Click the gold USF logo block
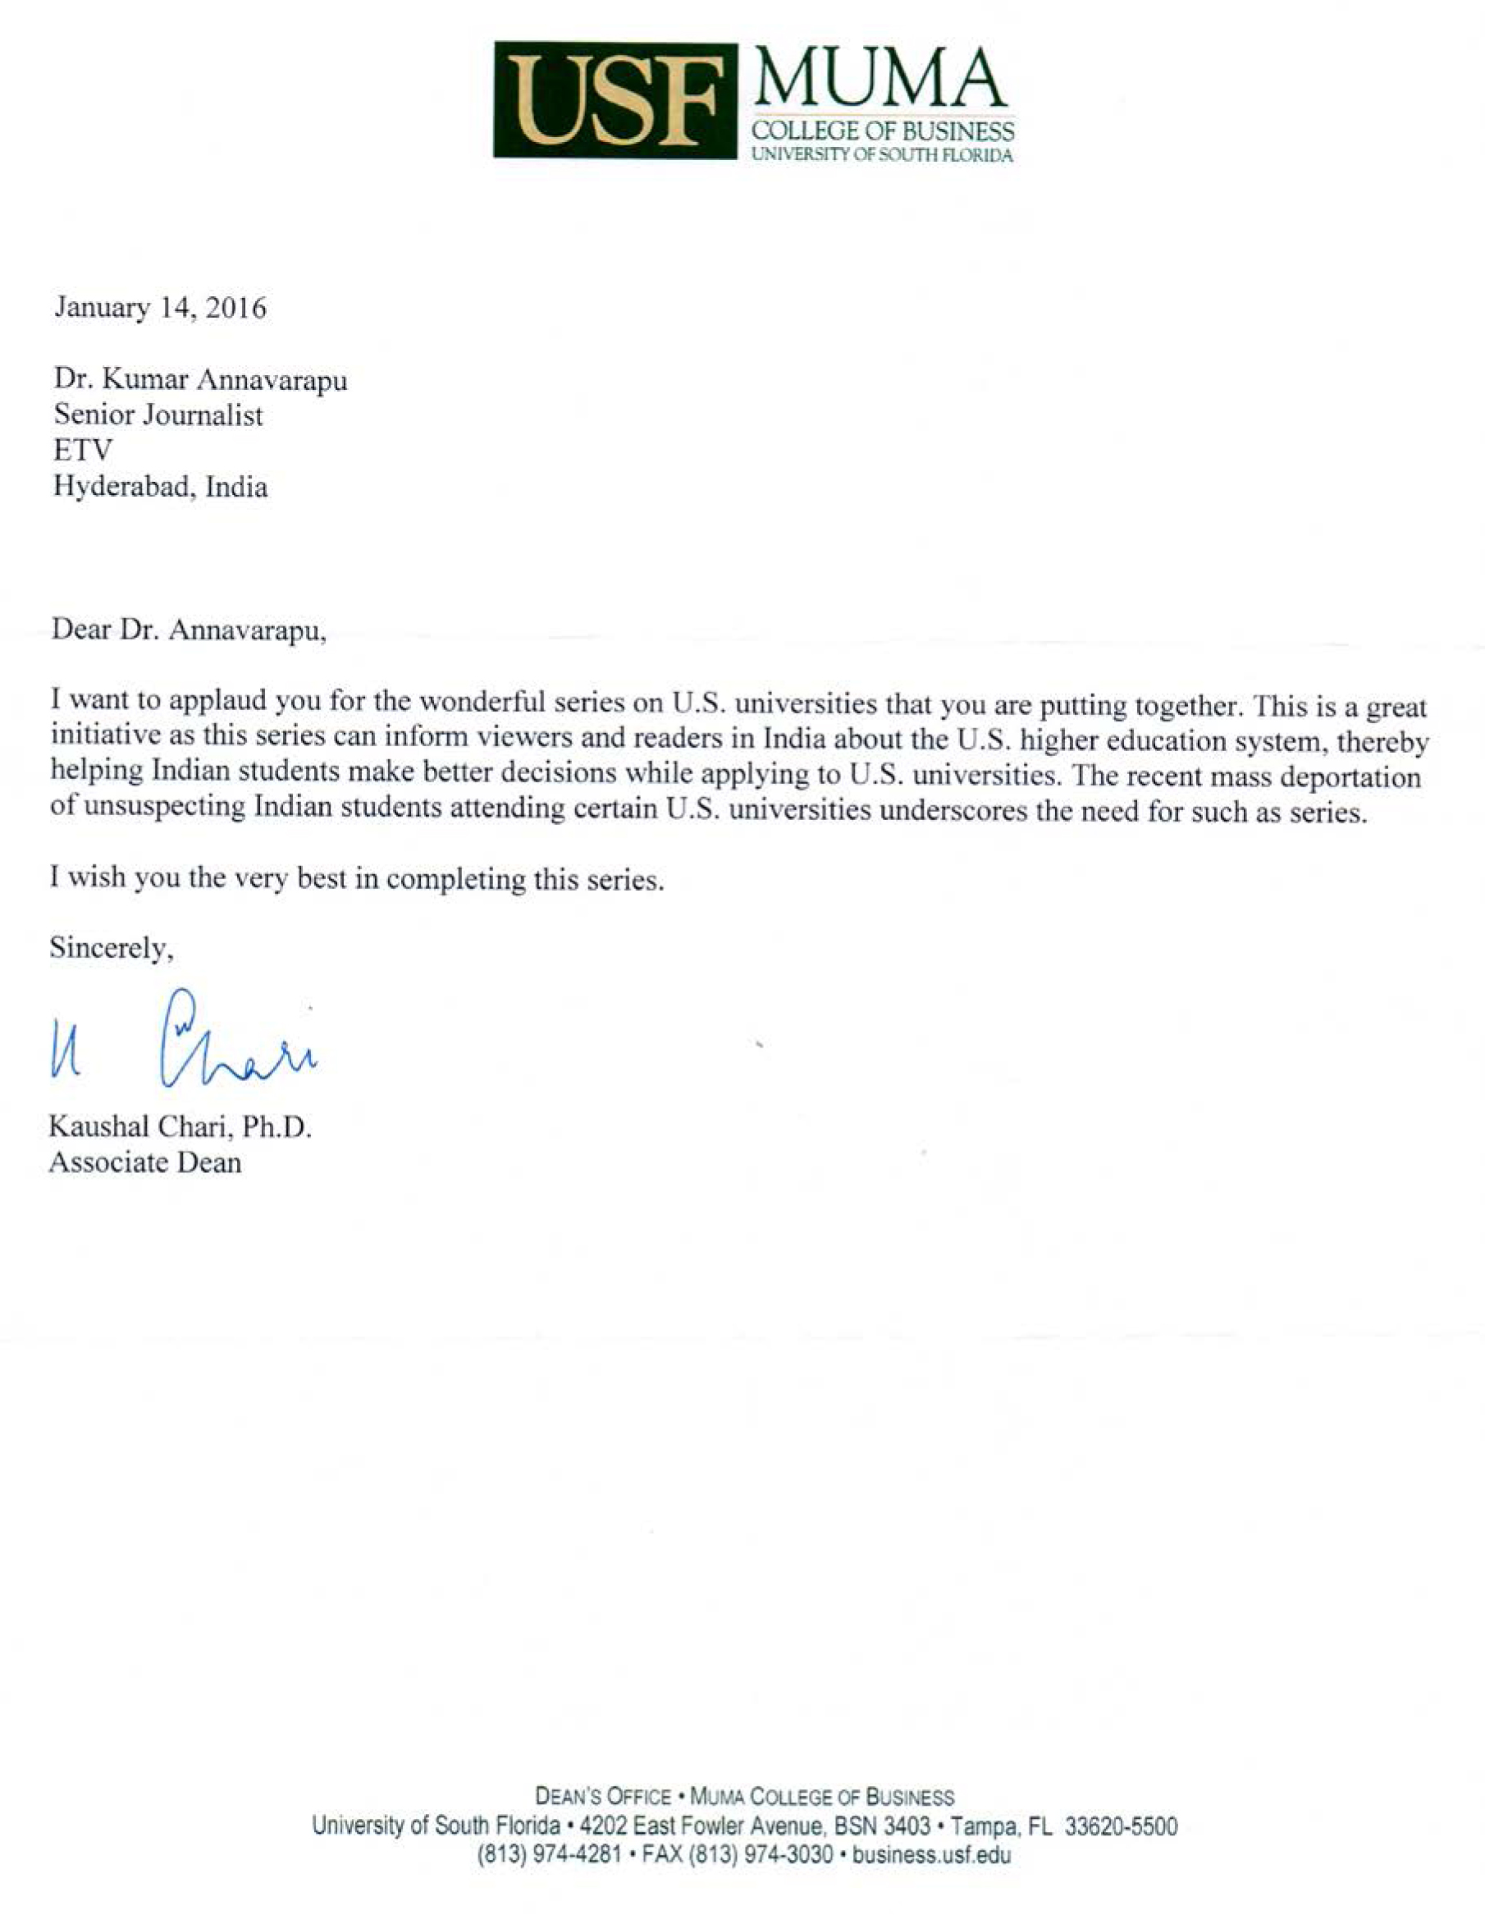615,100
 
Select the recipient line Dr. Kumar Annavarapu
201,381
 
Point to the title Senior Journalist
158,415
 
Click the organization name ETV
84,451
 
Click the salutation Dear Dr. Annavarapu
189,630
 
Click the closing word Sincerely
111,948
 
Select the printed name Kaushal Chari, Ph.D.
180,1127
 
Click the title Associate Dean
145,1162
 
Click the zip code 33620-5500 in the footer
1121,1827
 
